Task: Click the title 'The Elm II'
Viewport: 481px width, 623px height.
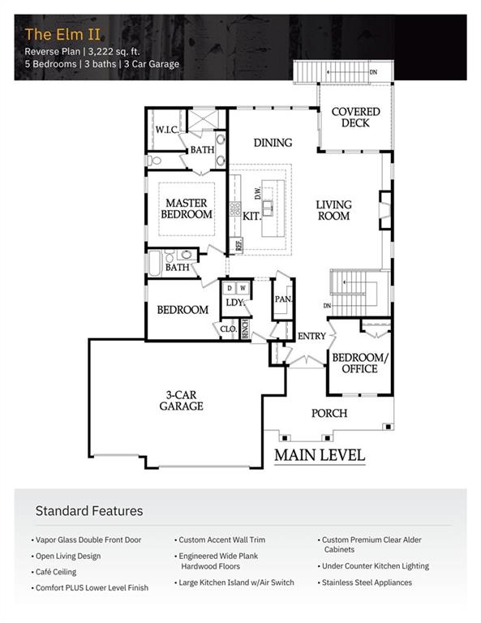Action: (62, 34)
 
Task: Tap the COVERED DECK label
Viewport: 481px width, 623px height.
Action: (355, 117)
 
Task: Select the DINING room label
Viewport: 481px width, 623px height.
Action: (273, 143)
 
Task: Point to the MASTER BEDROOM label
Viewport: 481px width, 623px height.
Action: (187, 208)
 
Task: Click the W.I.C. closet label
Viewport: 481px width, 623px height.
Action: (167, 130)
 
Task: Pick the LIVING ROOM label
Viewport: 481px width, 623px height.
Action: (333, 210)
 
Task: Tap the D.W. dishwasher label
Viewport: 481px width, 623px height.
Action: (257, 193)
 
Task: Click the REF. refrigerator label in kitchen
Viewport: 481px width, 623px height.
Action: (238, 244)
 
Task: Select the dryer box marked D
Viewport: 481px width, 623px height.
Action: (230, 288)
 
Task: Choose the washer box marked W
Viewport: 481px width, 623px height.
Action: (243, 288)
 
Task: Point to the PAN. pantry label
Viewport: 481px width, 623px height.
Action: (283, 299)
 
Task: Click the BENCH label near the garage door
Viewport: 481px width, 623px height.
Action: (245, 329)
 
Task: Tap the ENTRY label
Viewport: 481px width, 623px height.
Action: (311, 336)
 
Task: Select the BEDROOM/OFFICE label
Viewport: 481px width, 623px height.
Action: (360, 363)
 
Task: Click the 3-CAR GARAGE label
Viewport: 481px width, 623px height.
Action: (181, 401)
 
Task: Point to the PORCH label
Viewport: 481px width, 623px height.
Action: (329, 413)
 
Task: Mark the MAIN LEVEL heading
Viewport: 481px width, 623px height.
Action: (320, 455)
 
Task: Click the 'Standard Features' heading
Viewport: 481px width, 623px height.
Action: (89, 511)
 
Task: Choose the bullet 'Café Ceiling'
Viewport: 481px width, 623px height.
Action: (54, 572)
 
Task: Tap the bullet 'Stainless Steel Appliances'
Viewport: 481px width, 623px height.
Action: (365, 582)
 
